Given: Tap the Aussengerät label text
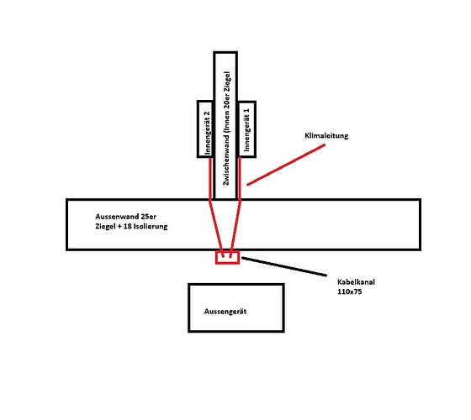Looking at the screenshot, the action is (225, 312).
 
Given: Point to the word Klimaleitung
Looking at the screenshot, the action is (326, 135).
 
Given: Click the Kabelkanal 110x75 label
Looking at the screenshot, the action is (356, 286).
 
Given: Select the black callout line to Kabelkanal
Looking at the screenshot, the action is (284, 266).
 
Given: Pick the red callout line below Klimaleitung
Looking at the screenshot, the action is (286, 165).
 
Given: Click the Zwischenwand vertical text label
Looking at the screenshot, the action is (226, 129).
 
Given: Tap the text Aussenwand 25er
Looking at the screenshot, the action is (126, 217).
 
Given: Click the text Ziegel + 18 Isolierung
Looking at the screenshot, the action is (131, 226).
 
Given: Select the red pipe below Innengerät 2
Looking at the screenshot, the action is (210, 178).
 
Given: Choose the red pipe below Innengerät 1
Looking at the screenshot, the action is (240, 178).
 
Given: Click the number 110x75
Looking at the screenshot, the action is (350, 291).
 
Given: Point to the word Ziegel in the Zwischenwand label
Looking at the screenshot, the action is (227, 81).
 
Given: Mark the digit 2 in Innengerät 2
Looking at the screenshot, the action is (207, 114).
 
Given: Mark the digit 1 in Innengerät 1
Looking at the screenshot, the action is (246, 111).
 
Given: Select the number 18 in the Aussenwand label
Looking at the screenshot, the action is (127, 226).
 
